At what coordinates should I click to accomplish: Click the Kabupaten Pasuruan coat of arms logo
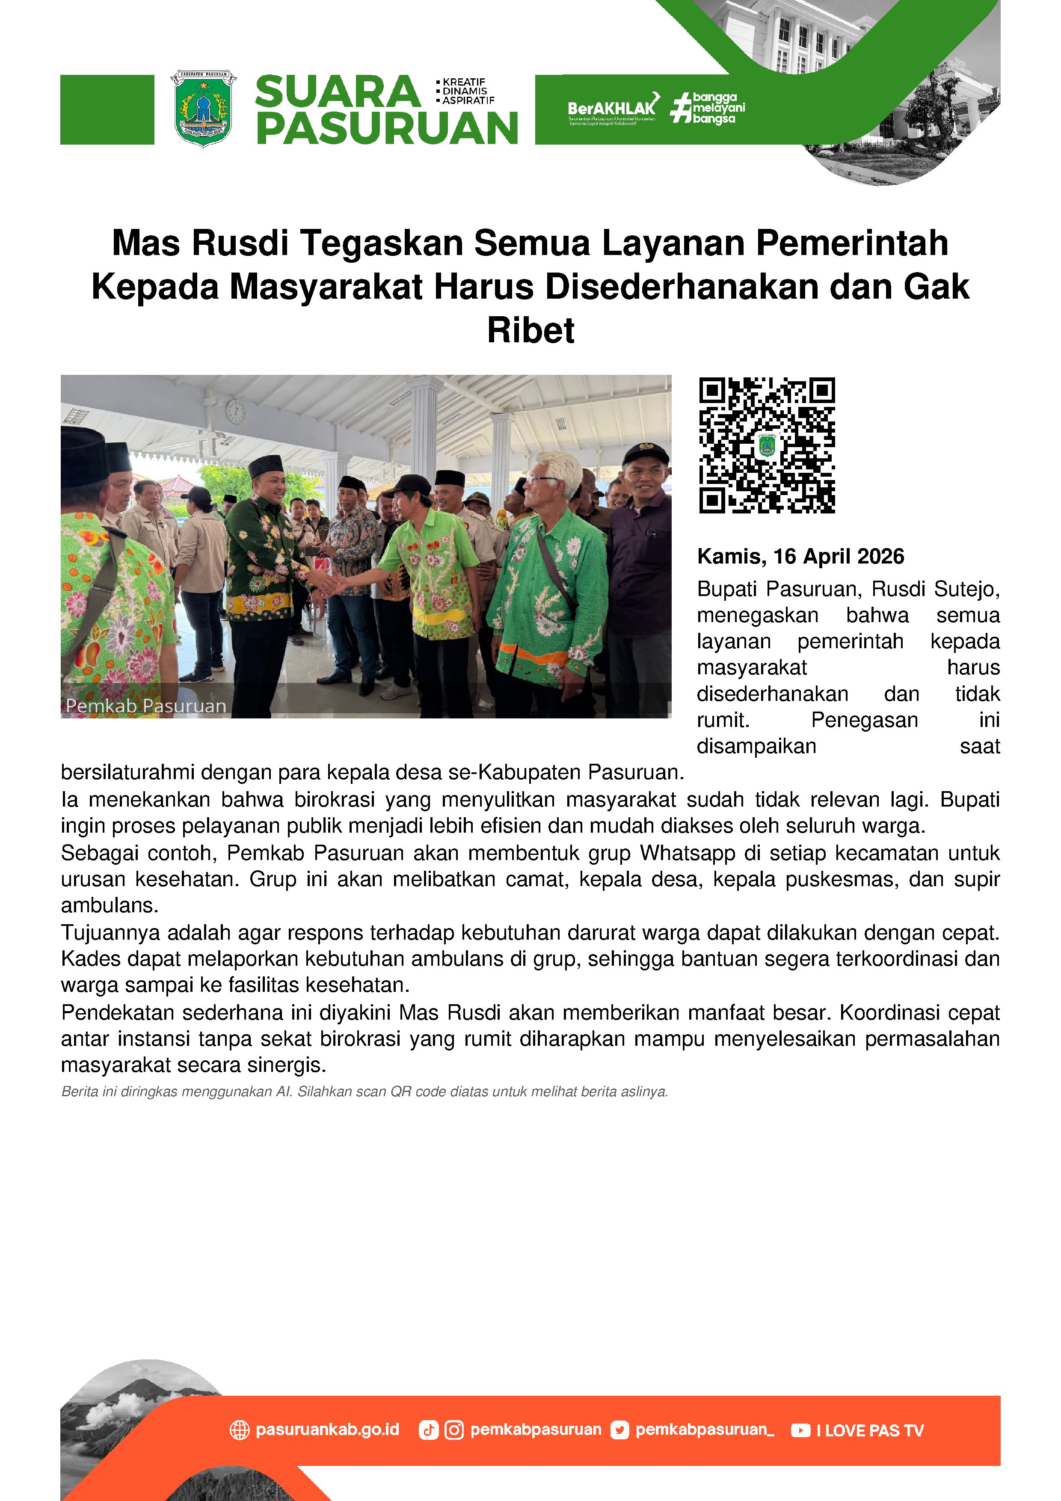point(203,109)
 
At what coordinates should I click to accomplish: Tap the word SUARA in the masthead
point(337,92)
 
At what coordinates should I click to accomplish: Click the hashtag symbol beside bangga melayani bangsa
point(681,108)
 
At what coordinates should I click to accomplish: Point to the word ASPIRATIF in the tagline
point(468,101)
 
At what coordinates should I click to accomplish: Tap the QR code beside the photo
point(767,445)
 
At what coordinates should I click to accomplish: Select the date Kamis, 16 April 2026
point(800,556)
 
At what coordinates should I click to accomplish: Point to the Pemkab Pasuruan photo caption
point(146,706)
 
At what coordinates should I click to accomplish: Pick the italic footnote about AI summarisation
point(364,1092)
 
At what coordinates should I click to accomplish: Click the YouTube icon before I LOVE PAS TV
point(800,1430)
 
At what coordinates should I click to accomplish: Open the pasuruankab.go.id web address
point(327,1430)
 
